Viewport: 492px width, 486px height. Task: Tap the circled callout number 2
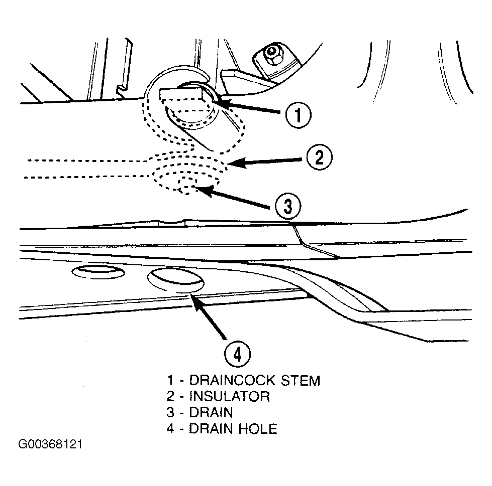318,159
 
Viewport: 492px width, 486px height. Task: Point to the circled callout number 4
237,353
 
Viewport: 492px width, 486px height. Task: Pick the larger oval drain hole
175,280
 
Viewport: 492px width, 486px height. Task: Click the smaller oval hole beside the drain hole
99,272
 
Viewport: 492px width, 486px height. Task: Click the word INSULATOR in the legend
229,396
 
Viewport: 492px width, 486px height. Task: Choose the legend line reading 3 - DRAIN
201,412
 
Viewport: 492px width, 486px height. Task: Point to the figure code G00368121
50,445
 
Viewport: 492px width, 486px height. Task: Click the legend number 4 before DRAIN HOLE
171,428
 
